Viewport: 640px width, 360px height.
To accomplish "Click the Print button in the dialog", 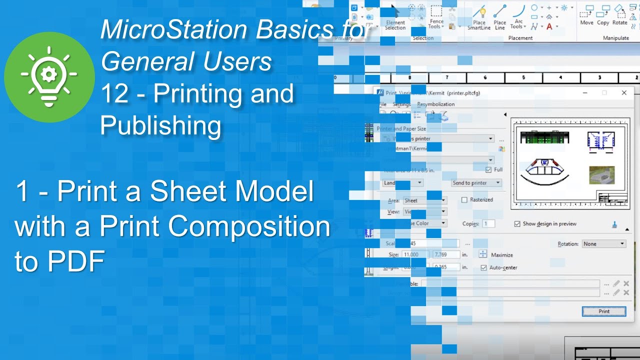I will tap(604, 311).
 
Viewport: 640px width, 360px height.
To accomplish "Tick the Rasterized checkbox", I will tap(464, 200).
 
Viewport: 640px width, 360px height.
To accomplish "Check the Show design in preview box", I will tap(517, 224).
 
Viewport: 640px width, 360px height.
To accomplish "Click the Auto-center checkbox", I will tap(483, 267).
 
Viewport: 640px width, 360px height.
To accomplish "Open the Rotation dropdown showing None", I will tap(604, 244).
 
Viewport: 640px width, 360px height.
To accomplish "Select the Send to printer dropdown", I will tap(476, 183).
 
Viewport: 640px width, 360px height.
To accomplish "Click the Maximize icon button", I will tap(483, 254).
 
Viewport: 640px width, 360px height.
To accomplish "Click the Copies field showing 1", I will tap(488, 224).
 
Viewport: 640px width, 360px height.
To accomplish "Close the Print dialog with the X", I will tap(624, 93).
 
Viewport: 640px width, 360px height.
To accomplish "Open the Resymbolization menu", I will tap(436, 104).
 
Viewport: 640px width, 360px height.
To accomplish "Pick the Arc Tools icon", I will tap(518, 15).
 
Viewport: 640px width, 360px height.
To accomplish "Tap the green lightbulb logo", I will tap(49, 76).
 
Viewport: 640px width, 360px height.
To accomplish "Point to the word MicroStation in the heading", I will tap(174, 30).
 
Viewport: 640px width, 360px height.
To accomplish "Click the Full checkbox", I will tap(488, 170).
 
